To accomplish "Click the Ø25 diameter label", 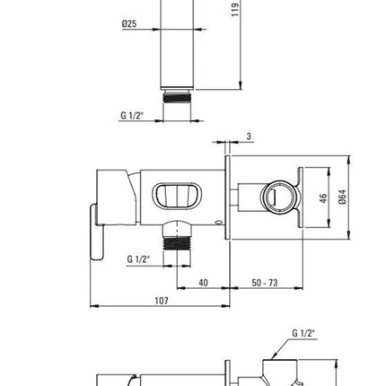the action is click(x=129, y=23).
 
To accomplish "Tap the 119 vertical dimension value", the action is click(x=235, y=10).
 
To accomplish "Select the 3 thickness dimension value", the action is click(x=249, y=136).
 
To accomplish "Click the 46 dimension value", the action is click(x=323, y=198).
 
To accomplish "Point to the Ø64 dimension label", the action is click(x=343, y=197).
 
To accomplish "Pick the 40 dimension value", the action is click(x=203, y=283).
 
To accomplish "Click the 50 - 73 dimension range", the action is click(x=265, y=283).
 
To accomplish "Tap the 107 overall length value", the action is click(x=162, y=301).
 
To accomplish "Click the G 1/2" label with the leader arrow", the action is click(x=303, y=333).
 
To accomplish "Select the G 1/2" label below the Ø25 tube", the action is click(x=132, y=115).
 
